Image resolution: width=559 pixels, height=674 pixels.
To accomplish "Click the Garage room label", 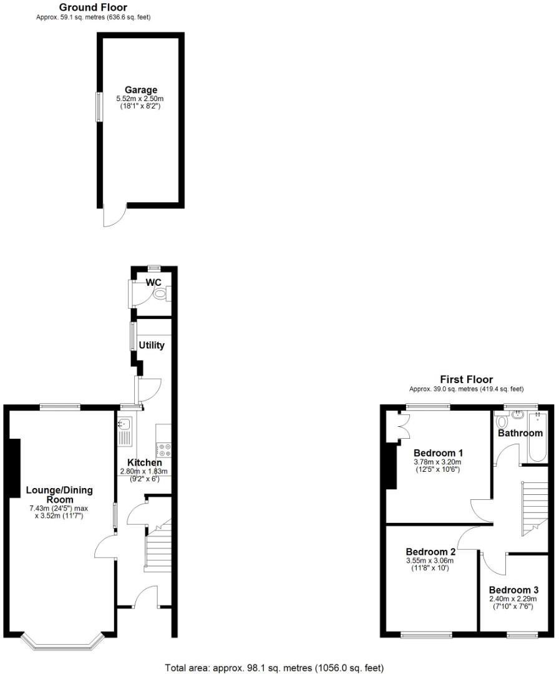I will tap(140, 90).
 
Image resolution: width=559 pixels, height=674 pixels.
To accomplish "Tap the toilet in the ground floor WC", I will tap(161, 294).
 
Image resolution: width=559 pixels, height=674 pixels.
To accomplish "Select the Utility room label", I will tap(152, 344).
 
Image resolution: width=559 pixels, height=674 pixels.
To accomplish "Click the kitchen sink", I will tap(124, 431).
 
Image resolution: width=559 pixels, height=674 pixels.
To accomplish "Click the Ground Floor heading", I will tap(93, 7).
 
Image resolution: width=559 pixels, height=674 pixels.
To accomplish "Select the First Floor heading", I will tap(466, 379).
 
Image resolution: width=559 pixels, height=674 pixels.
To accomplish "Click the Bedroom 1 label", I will tap(439, 452).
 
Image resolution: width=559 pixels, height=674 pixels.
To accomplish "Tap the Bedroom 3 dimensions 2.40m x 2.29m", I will tap(513, 598).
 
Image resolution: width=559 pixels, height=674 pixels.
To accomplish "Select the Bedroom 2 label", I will tap(430, 552).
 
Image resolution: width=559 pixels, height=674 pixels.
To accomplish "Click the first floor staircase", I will tap(535, 506).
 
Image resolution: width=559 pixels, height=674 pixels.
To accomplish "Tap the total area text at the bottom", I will tap(274, 668).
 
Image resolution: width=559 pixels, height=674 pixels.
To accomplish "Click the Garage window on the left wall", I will tap(98, 107).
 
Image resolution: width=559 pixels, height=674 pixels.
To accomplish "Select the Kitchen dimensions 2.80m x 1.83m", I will tap(144, 472).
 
